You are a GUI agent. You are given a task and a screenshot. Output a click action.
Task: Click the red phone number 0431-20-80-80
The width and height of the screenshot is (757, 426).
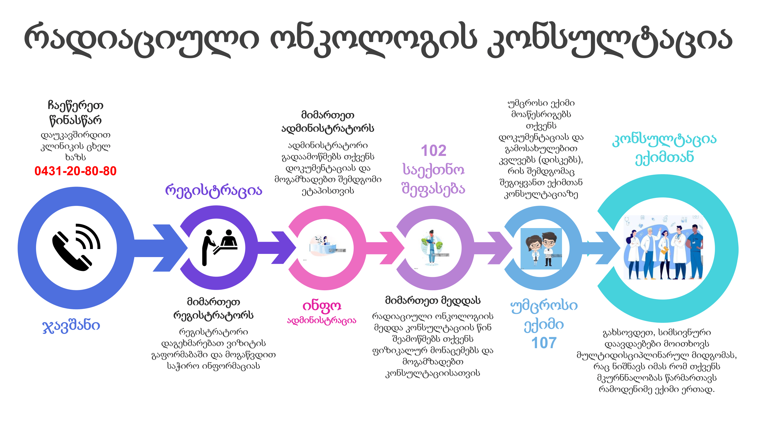click(x=76, y=171)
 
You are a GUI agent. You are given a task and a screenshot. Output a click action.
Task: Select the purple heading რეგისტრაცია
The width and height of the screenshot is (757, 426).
click(x=214, y=191)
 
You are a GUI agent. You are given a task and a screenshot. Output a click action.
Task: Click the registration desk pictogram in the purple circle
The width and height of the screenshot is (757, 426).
click(x=219, y=248)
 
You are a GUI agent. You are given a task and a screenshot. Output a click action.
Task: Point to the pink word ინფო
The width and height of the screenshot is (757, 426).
click(x=322, y=306)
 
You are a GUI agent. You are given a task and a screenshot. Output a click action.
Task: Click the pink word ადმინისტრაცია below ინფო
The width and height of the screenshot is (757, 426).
click(x=322, y=320)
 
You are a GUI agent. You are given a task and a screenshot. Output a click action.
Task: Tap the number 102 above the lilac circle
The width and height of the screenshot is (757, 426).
click(x=433, y=151)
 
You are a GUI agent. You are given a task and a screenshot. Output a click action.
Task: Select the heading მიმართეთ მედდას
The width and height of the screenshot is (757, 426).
click(x=433, y=300)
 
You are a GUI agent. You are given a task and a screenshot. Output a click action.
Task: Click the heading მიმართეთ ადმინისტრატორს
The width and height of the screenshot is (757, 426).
click(x=328, y=122)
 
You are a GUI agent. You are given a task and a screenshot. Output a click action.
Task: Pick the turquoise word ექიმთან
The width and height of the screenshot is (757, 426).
click(x=664, y=158)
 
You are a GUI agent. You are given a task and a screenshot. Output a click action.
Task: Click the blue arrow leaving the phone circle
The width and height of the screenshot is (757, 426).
click(x=161, y=248)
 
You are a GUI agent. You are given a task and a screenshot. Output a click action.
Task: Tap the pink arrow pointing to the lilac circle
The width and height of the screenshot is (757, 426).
click(x=385, y=248)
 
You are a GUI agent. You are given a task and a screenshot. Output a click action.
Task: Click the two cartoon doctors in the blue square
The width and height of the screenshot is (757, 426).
click(x=541, y=249)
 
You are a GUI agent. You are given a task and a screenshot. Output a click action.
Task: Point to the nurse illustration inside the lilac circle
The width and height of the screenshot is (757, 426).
click(x=431, y=248)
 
